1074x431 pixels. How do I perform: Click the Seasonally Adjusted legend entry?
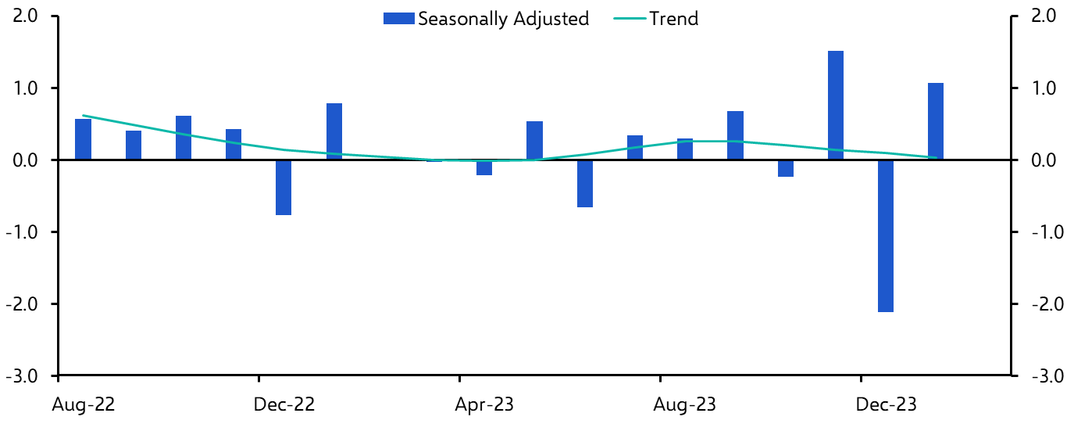(x=486, y=19)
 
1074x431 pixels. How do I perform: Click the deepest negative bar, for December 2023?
(x=886, y=235)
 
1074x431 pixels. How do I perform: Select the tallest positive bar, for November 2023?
(x=836, y=105)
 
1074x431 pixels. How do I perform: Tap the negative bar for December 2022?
(x=284, y=187)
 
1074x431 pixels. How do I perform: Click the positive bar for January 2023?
(x=334, y=131)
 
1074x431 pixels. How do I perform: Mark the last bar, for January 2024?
(x=936, y=121)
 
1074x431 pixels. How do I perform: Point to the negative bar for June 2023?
(x=585, y=183)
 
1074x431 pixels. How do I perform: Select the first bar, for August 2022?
(x=83, y=139)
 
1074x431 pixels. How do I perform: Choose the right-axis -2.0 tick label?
(x=1043, y=304)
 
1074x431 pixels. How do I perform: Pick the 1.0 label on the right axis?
(x=1043, y=88)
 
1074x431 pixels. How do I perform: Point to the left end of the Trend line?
(x=84, y=116)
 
